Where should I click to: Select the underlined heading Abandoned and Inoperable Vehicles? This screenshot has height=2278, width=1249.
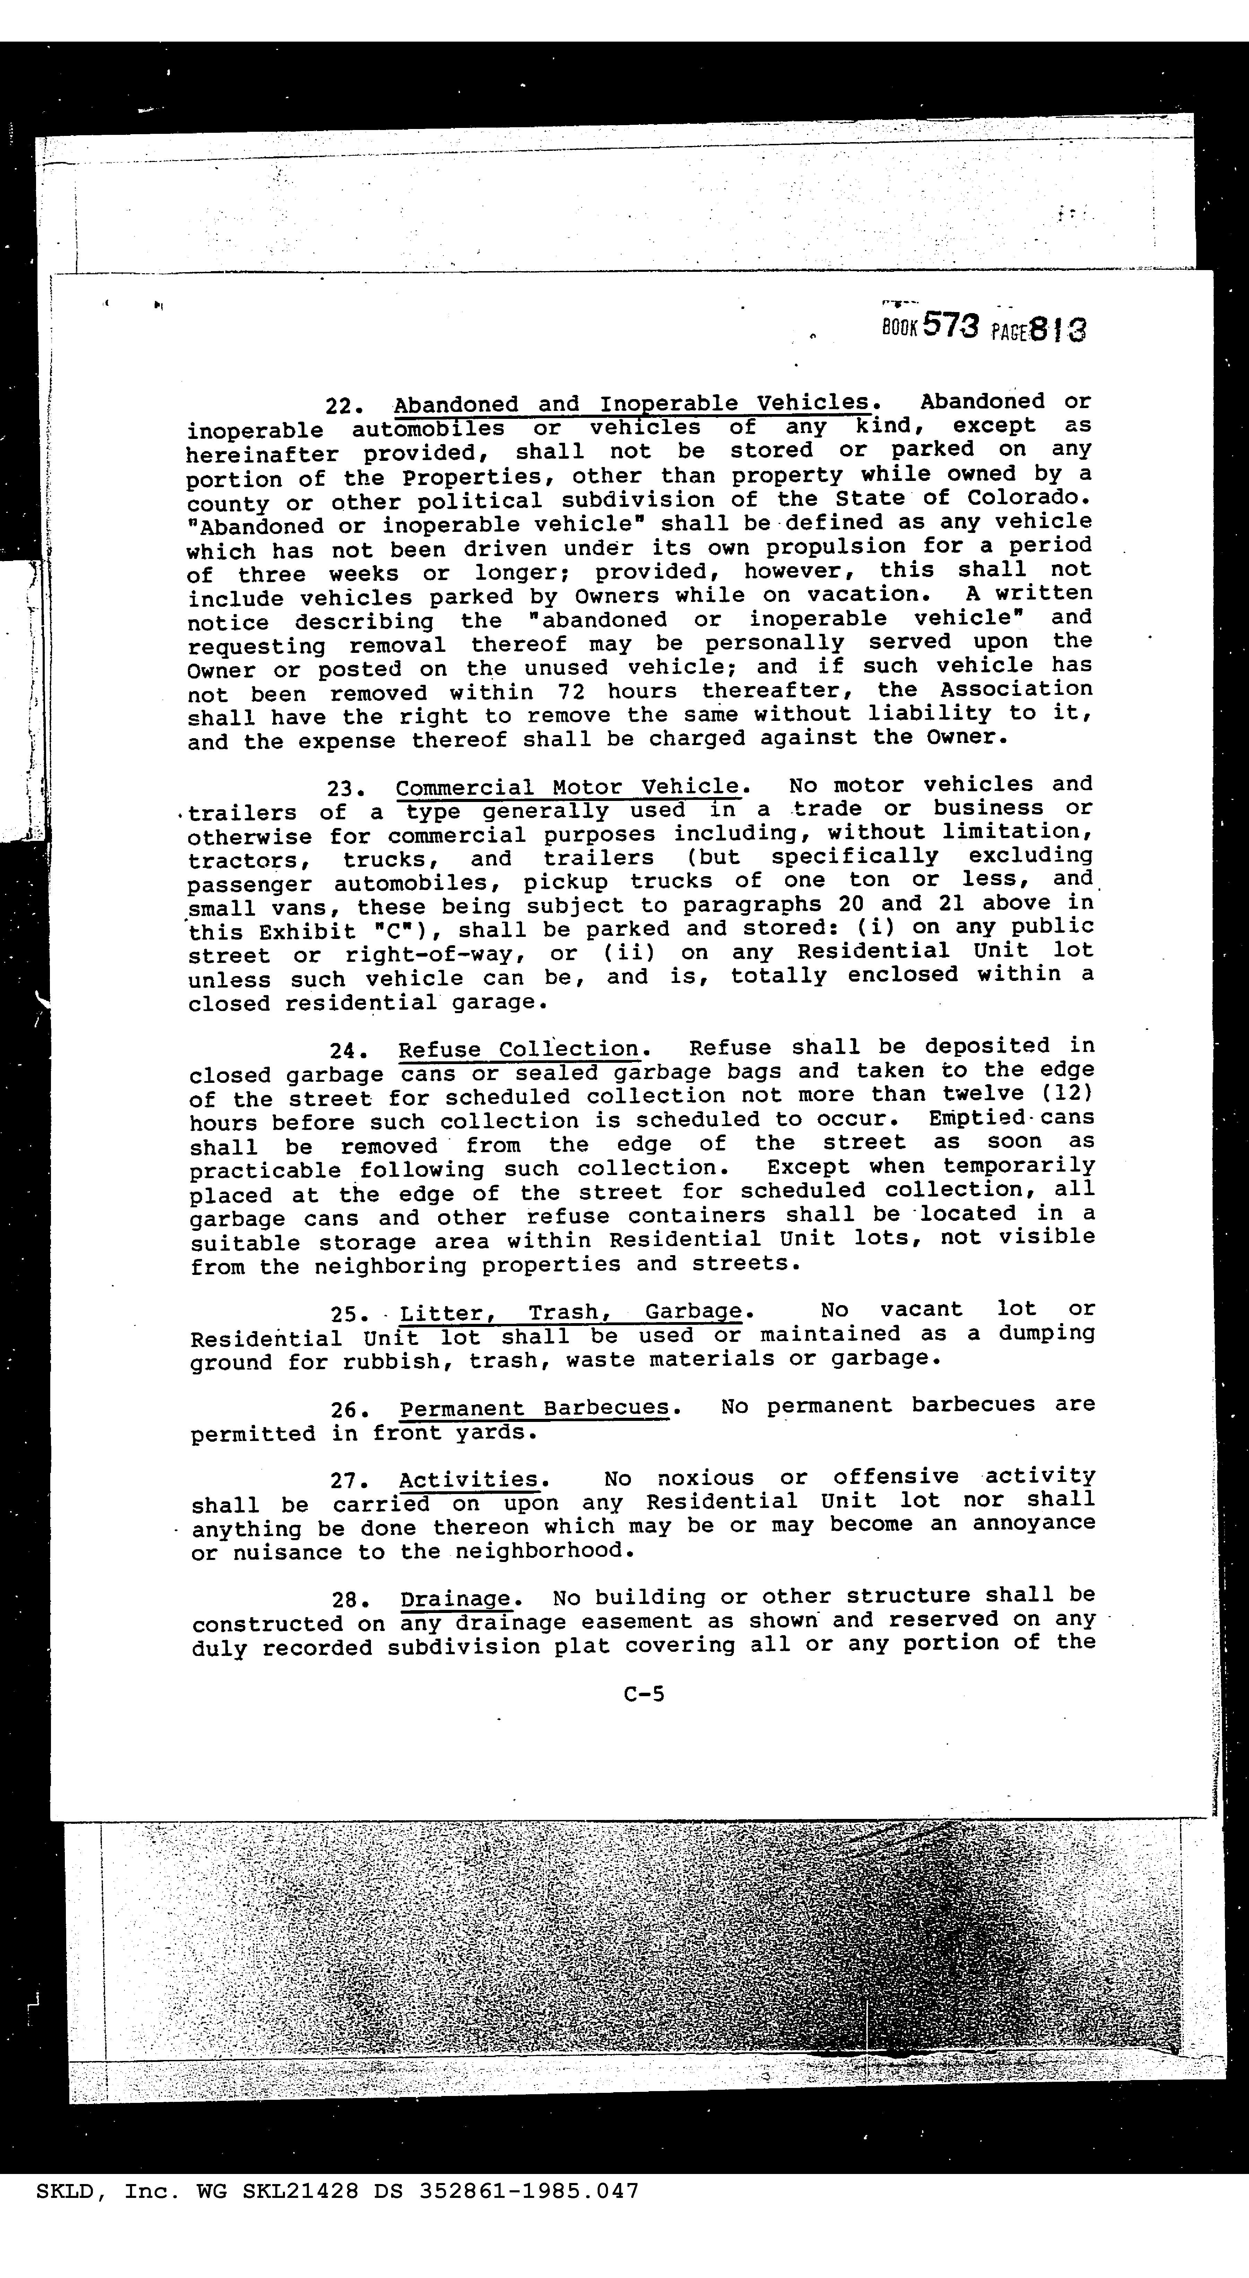(631, 404)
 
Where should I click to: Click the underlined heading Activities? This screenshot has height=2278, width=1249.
(468, 1479)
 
